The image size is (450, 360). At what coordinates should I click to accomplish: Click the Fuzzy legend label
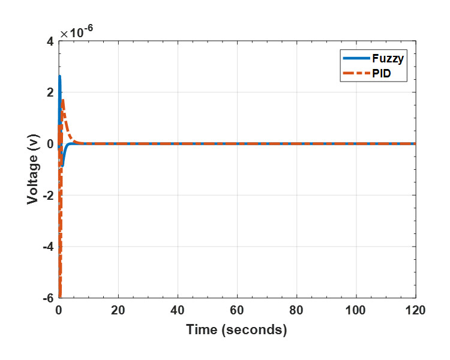pos(387,59)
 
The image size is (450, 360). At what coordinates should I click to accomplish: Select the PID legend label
pos(381,74)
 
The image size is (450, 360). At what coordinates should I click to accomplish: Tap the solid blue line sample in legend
pos(355,59)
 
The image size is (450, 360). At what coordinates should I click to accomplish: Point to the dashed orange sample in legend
pos(355,74)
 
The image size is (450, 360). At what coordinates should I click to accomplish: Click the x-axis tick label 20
pos(118,311)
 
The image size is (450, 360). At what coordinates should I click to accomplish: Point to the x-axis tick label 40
pos(178,311)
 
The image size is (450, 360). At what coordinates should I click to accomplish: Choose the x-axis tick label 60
pos(237,311)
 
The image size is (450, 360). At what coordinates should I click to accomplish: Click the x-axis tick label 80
pos(296,311)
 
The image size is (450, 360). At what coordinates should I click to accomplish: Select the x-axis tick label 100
pos(356,311)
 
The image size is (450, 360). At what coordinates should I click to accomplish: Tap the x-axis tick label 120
pos(415,311)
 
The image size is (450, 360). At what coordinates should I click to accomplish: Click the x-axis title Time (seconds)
pos(236,329)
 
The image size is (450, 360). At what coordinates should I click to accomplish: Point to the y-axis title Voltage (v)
pos(34,169)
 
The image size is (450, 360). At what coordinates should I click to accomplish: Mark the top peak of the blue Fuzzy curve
pos(59,76)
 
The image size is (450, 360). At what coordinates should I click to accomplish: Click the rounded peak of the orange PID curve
pos(63,100)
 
